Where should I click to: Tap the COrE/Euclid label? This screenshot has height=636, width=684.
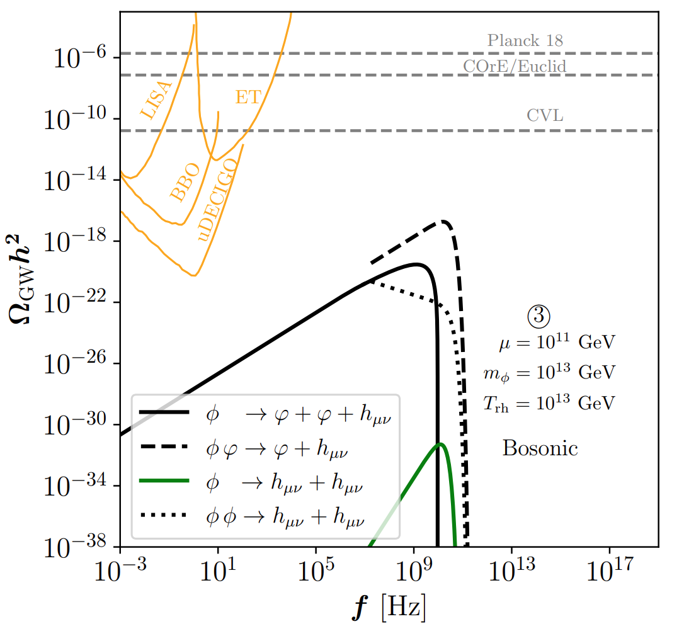[x=515, y=66]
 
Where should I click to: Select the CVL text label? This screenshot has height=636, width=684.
[x=545, y=116]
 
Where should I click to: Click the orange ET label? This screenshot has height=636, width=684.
[x=248, y=97]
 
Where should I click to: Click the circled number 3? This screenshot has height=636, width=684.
[x=539, y=315]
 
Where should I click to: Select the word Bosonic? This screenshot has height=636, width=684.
[x=540, y=448]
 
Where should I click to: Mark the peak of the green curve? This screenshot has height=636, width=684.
[x=441, y=444]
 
